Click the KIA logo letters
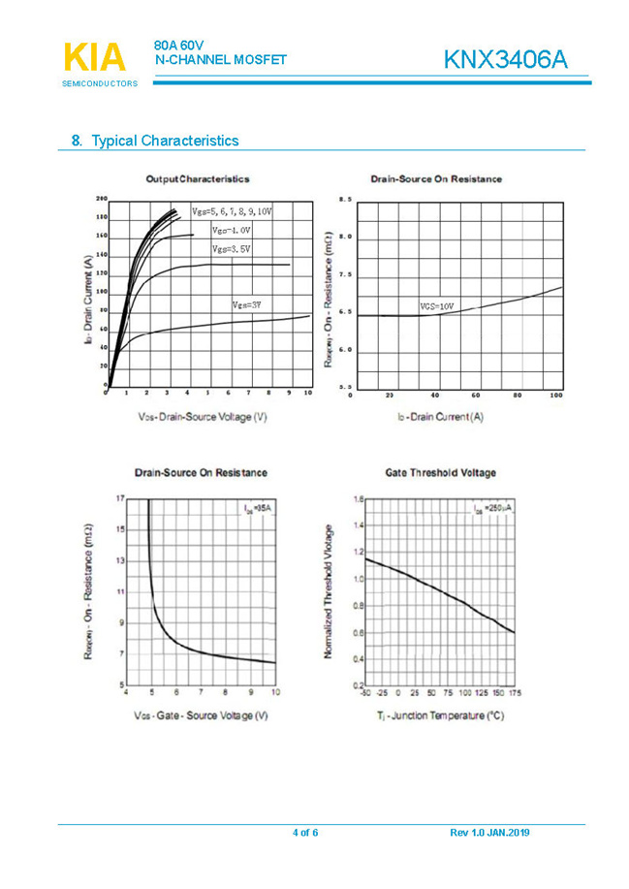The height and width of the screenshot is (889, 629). click(x=94, y=57)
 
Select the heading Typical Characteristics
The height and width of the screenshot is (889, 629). click(x=164, y=141)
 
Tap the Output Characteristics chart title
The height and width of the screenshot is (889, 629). click(x=197, y=179)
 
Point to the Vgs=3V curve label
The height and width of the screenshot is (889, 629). click(x=247, y=305)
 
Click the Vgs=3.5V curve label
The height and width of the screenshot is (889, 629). click(x=232, y=249)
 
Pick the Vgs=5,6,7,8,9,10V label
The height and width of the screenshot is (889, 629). click(x=232, y=210)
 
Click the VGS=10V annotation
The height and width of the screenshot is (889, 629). click(x=436, y=306)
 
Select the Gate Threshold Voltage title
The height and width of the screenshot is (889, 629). click(x=440, y=473)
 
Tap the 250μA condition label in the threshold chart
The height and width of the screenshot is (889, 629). click(x=492, y=509)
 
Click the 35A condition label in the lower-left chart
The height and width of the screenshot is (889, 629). click(x=256, y=507)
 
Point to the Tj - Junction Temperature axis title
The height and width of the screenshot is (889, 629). click(x=440, y=716)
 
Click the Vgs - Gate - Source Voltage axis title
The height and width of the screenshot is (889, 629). click(x=201, y=716)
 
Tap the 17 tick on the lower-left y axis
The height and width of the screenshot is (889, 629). click(x=119, y=498)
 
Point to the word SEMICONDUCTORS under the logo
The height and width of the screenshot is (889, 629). click(x=93, y=84)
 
